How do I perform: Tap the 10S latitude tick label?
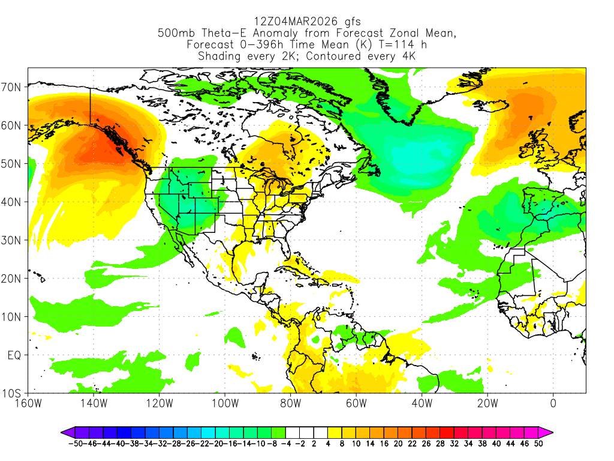coord(13,394)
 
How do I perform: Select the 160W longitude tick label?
coord(29,403)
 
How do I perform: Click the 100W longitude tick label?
coord(225,403)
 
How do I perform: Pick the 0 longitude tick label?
coord(553,403)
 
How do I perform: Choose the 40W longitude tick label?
coord(422,403)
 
